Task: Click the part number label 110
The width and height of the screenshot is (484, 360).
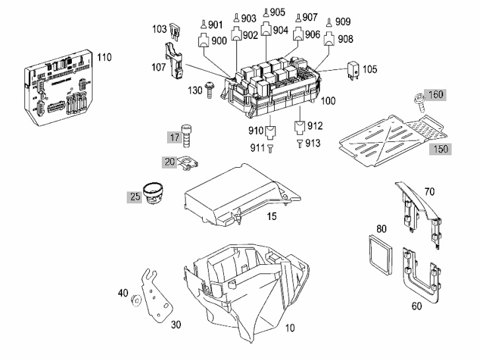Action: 104,57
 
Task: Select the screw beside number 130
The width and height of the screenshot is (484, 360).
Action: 209,90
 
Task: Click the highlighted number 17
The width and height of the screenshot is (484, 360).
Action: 175,137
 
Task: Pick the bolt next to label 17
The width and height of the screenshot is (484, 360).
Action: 186,136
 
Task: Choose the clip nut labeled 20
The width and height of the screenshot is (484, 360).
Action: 189,162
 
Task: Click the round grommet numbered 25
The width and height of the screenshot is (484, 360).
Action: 153,193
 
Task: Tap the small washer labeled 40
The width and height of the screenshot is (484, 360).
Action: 136,300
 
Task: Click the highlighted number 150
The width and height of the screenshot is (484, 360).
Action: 440,149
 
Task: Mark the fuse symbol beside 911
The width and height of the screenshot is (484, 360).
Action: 271,149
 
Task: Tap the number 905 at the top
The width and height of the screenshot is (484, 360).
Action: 277,13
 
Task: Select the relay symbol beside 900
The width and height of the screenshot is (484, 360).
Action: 203,40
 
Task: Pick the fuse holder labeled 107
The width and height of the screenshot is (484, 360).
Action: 174,61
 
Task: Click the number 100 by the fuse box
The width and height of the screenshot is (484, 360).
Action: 328,100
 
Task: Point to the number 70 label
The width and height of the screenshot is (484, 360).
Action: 429,192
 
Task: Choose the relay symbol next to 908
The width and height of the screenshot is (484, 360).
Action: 329,39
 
